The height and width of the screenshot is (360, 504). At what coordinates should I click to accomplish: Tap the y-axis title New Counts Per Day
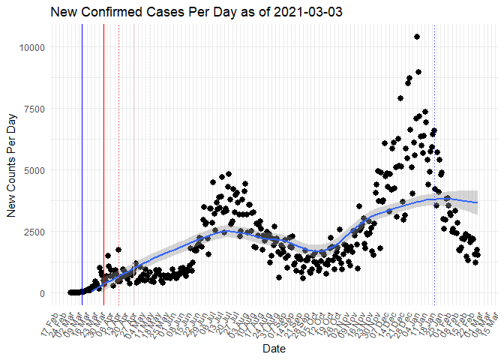click(x=12, y=171)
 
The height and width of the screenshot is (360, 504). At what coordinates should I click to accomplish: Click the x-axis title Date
click(x=273, y=349)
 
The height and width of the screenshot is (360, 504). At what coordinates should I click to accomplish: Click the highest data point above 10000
click(x=417, y=37)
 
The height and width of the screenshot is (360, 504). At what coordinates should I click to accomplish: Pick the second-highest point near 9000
click(x=418, y=72)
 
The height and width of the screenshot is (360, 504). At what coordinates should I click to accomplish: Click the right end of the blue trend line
click(x=477, y=202)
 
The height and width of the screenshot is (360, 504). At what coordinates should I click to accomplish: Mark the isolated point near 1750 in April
click(x=118, y=250)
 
